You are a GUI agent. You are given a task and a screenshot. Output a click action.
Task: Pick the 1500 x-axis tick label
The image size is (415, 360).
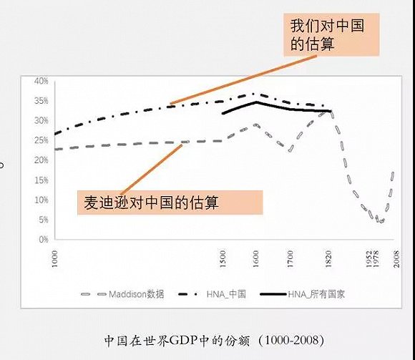(223, 255)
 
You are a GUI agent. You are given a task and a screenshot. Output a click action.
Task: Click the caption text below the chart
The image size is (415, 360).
(207, 336)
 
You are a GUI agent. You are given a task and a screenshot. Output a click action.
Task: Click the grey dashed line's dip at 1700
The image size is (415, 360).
(290, 150)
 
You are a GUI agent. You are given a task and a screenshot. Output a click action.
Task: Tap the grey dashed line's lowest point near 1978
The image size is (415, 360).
(381, 221)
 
